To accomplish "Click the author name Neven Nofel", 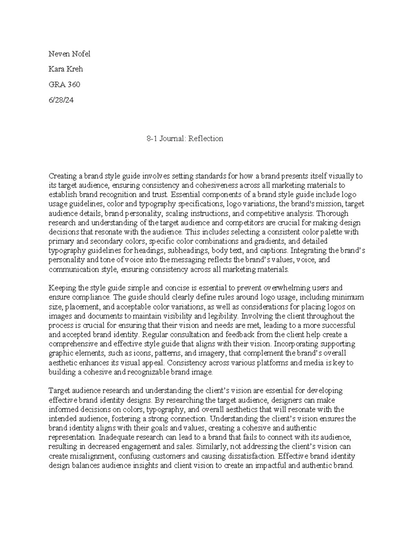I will click(69, 54).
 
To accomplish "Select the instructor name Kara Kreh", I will click(66, 69).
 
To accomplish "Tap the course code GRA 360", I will click(64, 85).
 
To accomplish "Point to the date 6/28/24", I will click(61, 100).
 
